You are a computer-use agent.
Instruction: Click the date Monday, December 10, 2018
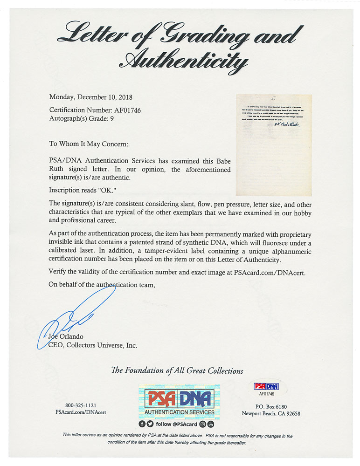coord(91,97)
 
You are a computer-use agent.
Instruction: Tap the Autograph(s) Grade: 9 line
coord(81,118)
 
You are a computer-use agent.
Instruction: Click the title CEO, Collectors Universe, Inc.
coord(93,345)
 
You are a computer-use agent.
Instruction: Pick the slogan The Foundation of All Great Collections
coord(177,371)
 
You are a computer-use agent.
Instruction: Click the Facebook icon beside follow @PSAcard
coord(142,424)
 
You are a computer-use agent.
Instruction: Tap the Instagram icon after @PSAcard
coord(203,424)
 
